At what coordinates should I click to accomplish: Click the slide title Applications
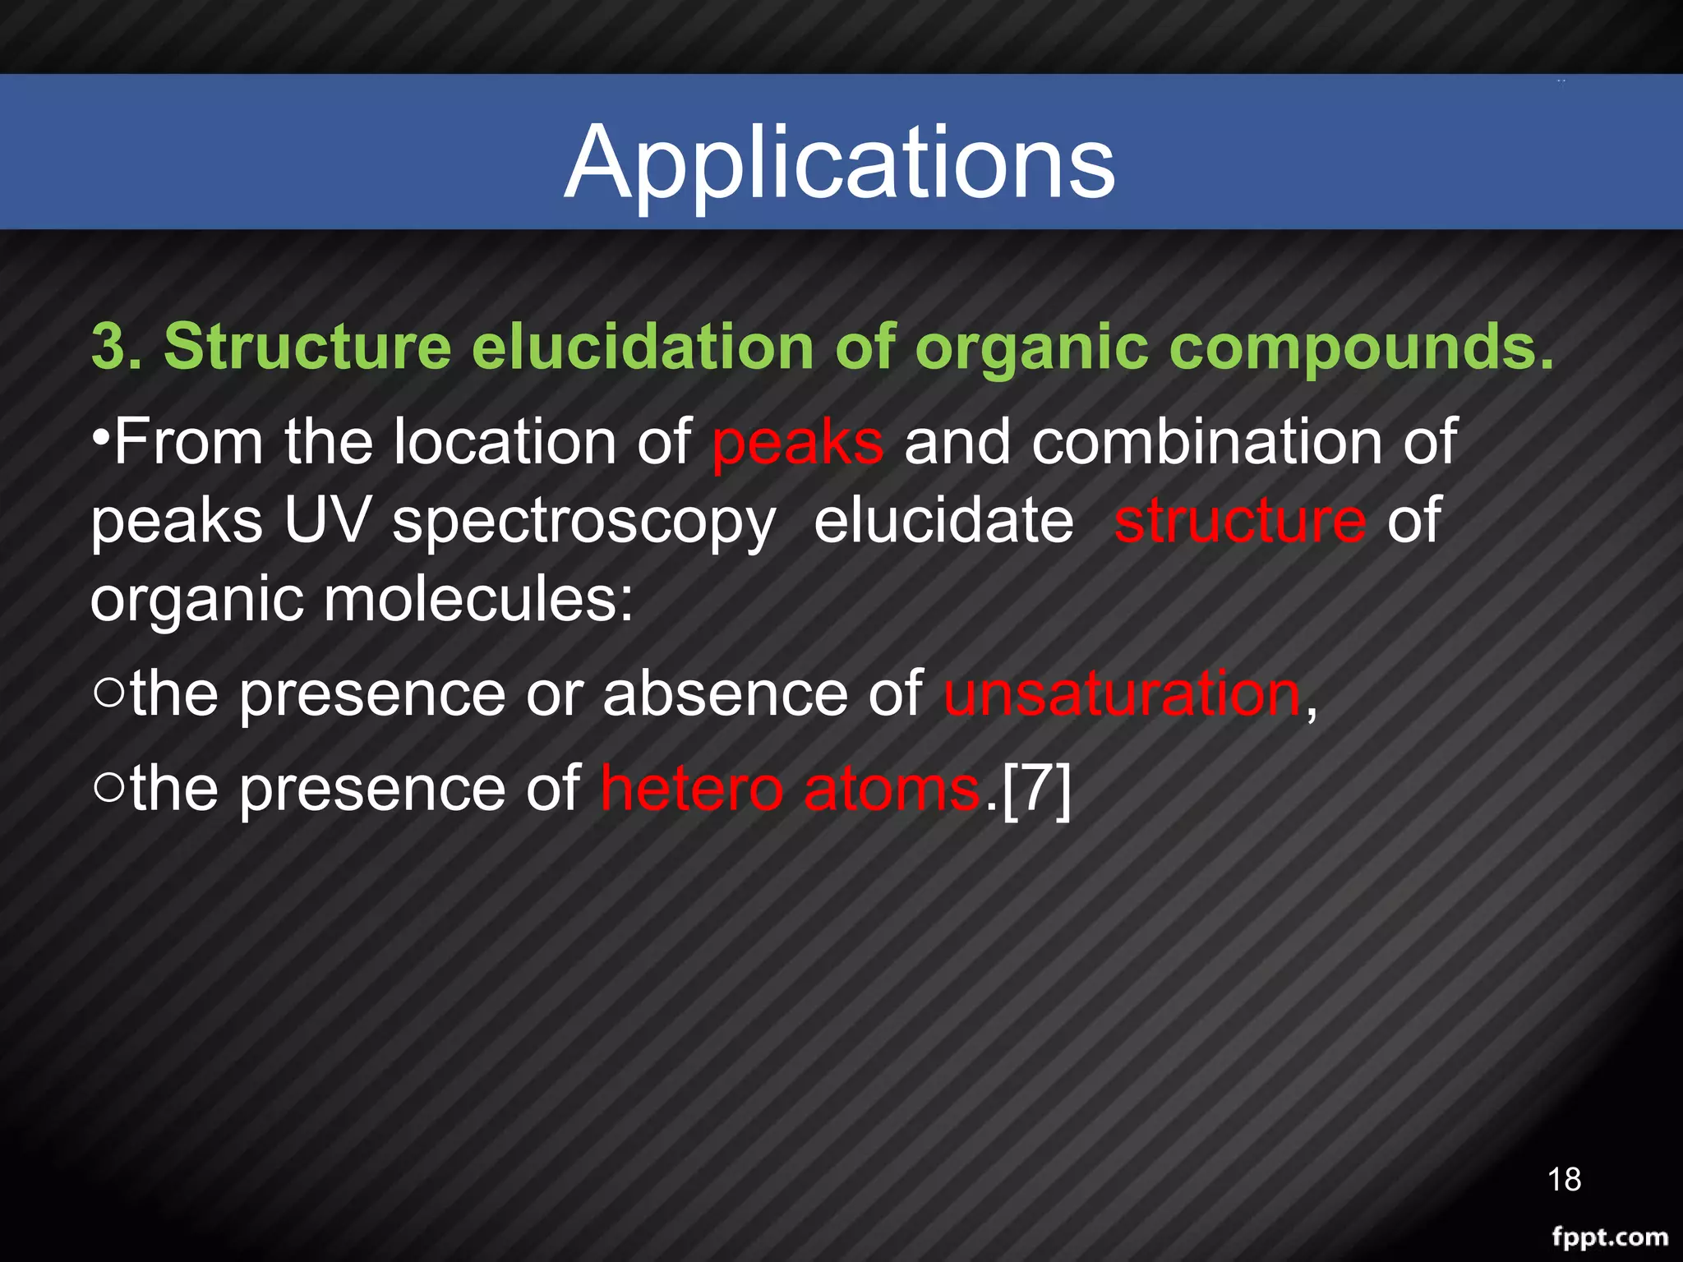coord(840,163)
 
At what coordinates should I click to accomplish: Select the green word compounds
coord(1361,347)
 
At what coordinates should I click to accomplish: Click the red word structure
coord(1239,521)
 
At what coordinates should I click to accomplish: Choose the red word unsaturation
coord(1123,694)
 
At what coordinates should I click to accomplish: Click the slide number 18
coord(1564,1180)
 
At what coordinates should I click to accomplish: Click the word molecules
coord(478,600)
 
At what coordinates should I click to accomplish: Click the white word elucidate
coord(943,521)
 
